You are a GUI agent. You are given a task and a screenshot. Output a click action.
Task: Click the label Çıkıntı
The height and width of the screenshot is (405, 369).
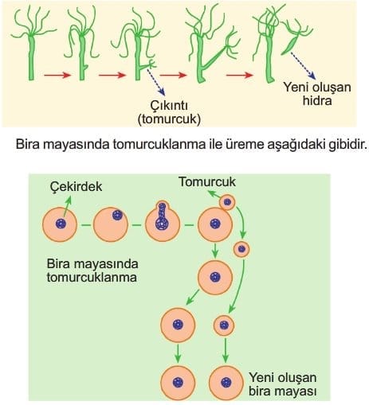[169, 106]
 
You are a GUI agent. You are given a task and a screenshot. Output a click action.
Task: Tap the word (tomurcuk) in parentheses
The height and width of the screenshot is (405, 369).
[169, 119]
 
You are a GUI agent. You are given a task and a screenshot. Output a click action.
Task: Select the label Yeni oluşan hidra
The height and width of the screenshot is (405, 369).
[317, 94]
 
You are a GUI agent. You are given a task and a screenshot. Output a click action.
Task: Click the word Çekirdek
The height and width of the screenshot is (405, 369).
[76, 186]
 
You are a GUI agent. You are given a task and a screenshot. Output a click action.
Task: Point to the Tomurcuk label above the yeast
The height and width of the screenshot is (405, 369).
[207, 182]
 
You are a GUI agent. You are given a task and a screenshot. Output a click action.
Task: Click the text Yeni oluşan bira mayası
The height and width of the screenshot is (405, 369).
[283, 384]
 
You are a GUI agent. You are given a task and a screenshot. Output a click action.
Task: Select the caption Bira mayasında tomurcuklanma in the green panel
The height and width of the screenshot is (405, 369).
[92, 271]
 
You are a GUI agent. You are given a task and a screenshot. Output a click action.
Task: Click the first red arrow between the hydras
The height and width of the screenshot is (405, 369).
[57, 76]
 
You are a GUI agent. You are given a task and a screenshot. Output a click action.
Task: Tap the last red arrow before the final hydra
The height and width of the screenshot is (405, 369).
[239, 75]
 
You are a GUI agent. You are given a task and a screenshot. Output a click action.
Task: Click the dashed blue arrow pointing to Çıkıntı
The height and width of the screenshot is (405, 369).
[156, 82]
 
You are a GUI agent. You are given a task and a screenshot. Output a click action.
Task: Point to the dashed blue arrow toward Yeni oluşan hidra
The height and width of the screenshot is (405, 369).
[304, 66]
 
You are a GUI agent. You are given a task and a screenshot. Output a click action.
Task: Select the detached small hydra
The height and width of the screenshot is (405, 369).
[296, 37]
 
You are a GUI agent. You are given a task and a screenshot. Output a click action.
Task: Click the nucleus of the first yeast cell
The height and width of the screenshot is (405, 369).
[61, 224]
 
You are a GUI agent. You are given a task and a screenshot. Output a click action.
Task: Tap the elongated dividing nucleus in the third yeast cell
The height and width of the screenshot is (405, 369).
[162, 216]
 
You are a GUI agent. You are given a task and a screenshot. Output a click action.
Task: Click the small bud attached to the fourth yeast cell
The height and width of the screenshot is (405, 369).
[227, 202]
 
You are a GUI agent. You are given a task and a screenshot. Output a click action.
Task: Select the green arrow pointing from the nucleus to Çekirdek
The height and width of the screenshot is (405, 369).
[67, 207]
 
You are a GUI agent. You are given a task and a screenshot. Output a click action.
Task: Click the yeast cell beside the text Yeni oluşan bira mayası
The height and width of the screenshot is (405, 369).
[226, 383]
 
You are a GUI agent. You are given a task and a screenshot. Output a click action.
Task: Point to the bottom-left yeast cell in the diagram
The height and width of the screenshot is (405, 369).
[178, 383]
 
